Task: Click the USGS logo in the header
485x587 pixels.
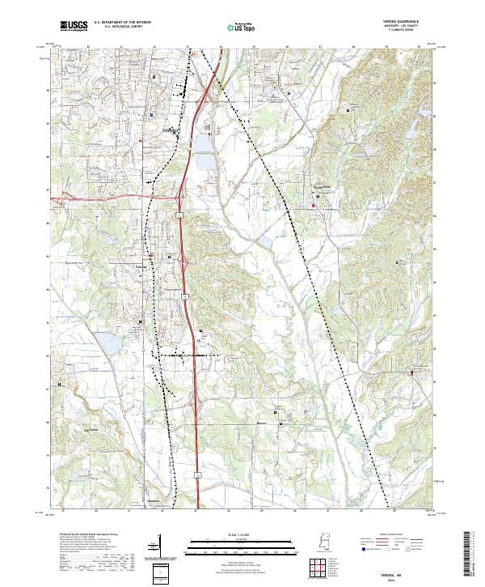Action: (74, 26)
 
